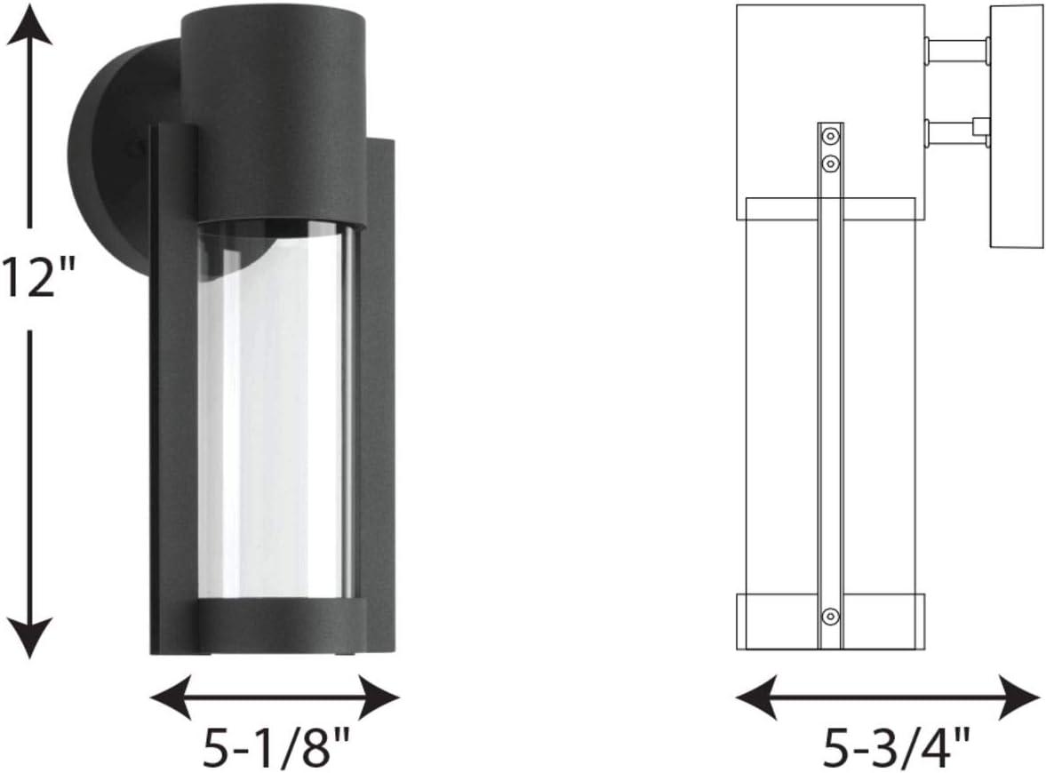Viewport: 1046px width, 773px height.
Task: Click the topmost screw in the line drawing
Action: pos(829,136)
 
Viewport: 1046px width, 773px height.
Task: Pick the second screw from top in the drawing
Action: pos(829,163)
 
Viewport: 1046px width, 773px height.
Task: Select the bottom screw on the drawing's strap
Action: pos(829,615)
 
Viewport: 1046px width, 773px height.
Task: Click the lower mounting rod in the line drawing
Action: pos(951,133)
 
